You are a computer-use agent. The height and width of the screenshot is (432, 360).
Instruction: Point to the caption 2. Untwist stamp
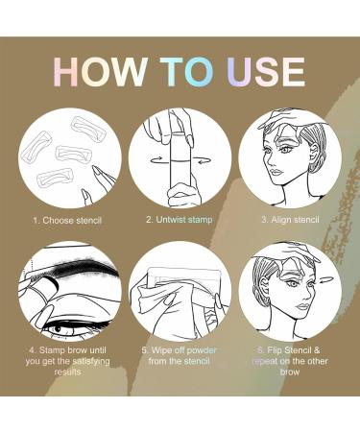tap(180, 221)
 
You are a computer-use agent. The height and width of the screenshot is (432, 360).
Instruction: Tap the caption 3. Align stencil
tap(290, 221)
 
